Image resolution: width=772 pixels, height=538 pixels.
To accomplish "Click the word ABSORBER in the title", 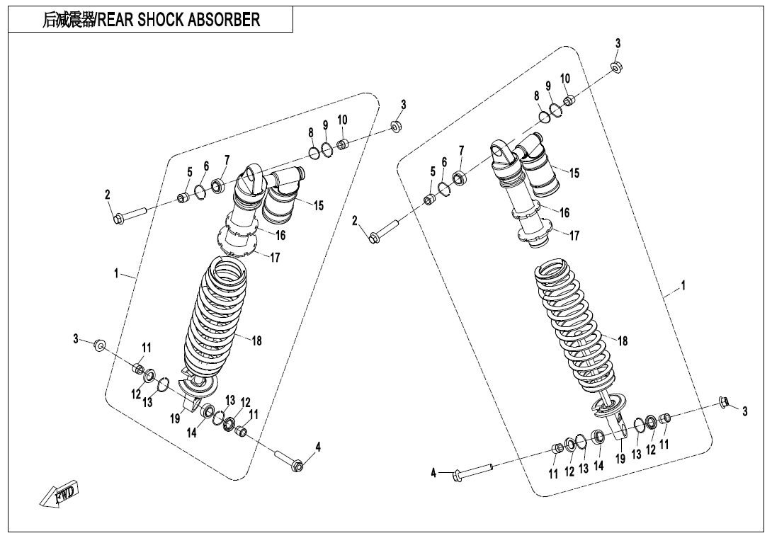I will [x=224, y=20].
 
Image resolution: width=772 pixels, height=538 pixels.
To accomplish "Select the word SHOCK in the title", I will [x=159, y=20].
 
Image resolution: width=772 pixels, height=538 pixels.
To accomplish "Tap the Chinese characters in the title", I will [x=68, y=20].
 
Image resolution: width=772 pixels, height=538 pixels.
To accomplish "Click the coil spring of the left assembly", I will [x=216, y=319].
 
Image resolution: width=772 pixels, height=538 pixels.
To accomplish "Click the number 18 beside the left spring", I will [x=256, y=341].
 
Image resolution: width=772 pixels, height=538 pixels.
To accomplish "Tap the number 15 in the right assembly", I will [x=574, y=173].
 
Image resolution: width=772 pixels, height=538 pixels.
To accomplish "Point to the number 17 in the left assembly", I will [x=276, y=258].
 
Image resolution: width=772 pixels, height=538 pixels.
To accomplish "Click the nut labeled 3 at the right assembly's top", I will [x=617, y=67].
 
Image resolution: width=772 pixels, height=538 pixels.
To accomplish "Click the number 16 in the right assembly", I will [x=564, y=212].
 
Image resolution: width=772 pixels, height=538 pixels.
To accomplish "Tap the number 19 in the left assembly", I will [x=175, y=418].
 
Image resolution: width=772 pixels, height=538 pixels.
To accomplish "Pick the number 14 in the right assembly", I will [x=598, y=465].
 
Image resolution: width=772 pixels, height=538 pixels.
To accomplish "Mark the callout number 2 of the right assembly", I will [x=355, y=222].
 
